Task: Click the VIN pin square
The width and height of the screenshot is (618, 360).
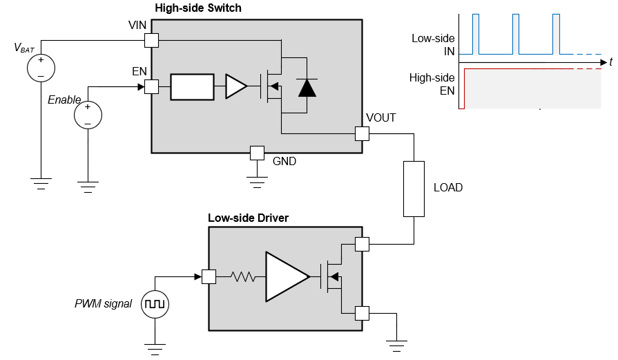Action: [x=151, y=40]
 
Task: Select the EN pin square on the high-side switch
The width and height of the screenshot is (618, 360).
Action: [x=151, y=87]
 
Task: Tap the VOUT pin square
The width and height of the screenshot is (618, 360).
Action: [x=362, y=133]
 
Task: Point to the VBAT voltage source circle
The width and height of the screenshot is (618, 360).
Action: [x=41, y=67]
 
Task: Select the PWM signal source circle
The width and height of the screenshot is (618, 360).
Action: [x=155, y=304]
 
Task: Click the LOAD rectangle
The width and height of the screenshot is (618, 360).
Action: [x=414, y=189]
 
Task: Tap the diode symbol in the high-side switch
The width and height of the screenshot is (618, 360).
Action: [x=307, y=87]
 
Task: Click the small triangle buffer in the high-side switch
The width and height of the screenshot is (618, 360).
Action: [x=235, y=87]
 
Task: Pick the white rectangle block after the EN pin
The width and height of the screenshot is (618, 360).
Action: [x=192, y=87]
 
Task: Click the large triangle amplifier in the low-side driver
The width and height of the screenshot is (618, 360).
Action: [x=285, y=276]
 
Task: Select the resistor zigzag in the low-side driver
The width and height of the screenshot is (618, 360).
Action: [x=243, y=277]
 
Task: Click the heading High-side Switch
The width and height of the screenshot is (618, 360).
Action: [x=198, y=8]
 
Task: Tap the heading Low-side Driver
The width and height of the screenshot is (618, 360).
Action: [x=248, y=218]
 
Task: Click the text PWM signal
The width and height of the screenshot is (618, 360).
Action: [x=103, y=303]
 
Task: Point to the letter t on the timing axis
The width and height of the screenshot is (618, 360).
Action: [x=611, y=62]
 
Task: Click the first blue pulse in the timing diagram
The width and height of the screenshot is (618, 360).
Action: [x=475, y=34]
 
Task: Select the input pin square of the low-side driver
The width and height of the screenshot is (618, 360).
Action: [x=209, y=276]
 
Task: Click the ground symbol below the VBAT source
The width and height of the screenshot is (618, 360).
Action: [x=41, y=183]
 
